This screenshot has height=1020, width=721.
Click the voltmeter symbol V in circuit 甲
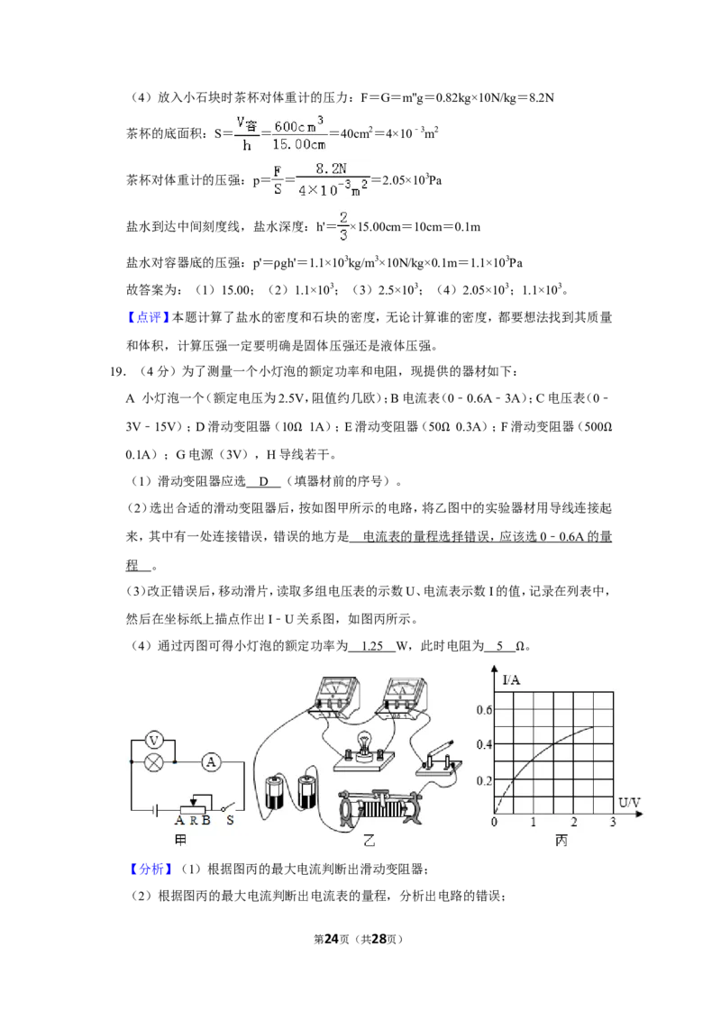[154, 741]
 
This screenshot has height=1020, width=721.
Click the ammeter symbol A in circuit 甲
[210, 761]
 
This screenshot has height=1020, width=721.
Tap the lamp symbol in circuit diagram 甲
[154, 761]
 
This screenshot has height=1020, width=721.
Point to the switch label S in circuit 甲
[230, 821]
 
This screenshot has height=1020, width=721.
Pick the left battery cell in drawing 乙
[275, 792]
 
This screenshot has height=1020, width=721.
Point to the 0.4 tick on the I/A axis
[484, 744]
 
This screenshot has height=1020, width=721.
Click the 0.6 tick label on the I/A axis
[484, 710]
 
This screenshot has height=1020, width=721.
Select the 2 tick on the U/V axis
[574, 823]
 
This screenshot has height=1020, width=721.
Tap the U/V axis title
[629, 803]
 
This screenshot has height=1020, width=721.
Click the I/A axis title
[512, 680]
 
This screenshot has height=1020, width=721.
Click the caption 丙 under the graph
[561, 841]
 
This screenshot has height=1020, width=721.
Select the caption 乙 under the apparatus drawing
[369, 841]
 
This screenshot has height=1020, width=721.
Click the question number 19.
[117, 371]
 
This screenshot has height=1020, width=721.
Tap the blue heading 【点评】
[149, 317]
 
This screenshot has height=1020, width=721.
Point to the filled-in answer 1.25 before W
[372, 646]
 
